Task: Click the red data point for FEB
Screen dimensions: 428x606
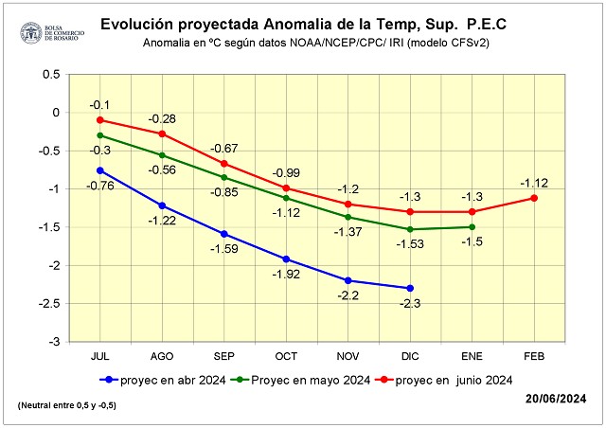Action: (534, 198)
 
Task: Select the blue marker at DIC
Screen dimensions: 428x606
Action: (410, 288)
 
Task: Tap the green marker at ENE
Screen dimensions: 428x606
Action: (472, 226)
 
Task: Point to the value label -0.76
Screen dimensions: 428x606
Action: (100, 186)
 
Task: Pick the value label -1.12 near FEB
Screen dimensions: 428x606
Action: (534, 182)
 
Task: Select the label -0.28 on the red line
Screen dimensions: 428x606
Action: (162, 117)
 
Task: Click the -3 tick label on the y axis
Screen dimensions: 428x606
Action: (54, 342)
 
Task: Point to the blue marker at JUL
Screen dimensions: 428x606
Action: (100, 170)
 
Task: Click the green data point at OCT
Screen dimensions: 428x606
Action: (286, 198)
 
